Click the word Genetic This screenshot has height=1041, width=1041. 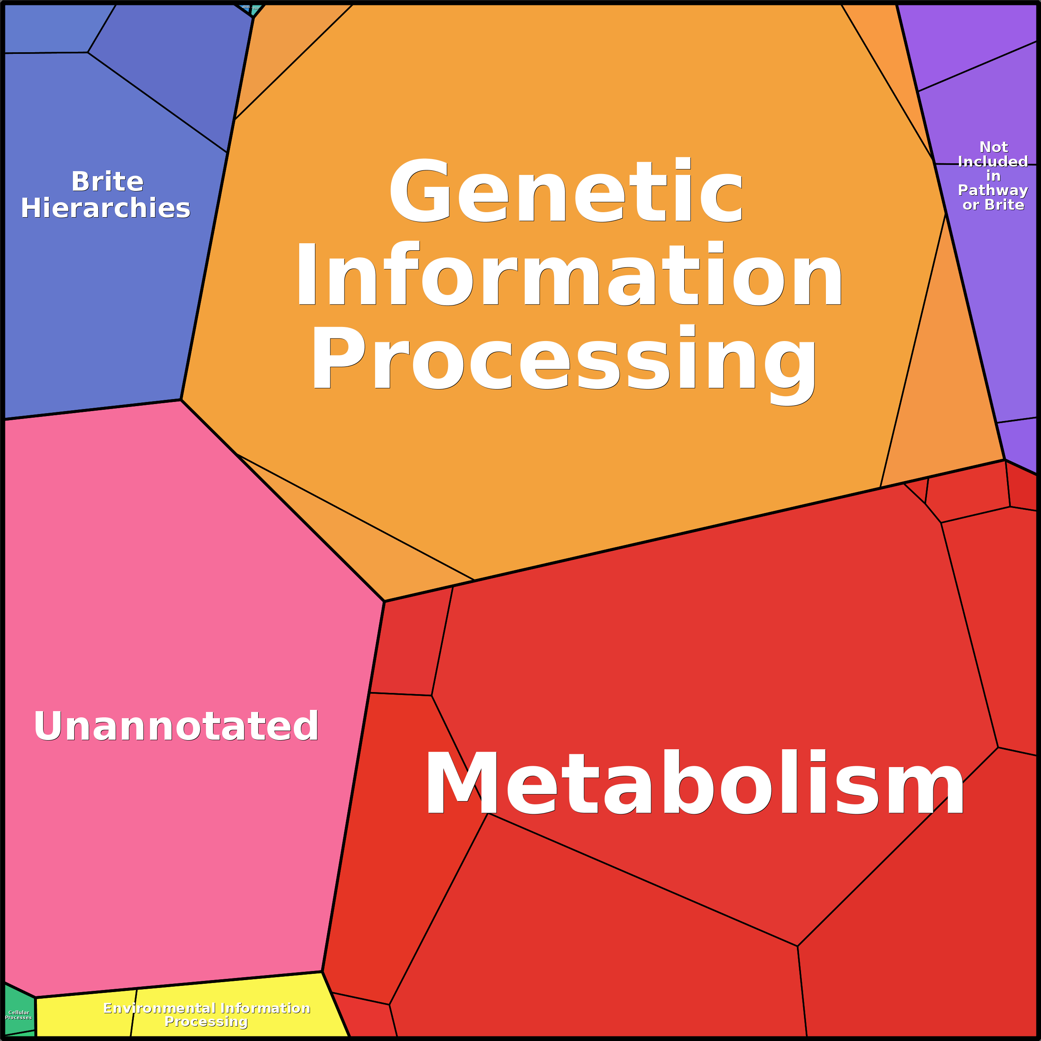coord(566,191)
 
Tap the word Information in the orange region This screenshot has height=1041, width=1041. coord(569,275)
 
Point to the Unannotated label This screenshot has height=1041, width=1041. coord(176,726)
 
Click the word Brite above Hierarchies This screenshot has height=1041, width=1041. coord(107,182)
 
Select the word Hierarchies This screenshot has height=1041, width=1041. coord(106,208)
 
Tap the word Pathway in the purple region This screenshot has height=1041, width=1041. coord(993,190)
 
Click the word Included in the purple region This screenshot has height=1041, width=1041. coord(993,162)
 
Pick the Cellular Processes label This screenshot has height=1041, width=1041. coord(18,1014)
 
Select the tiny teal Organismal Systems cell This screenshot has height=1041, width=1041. coord(257,8)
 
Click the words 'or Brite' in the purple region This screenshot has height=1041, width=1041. coord(993,205)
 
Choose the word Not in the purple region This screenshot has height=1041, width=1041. coord(993,147)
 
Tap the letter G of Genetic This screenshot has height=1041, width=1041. coord(419,191)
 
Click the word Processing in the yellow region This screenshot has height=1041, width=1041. coord(206,1022)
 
